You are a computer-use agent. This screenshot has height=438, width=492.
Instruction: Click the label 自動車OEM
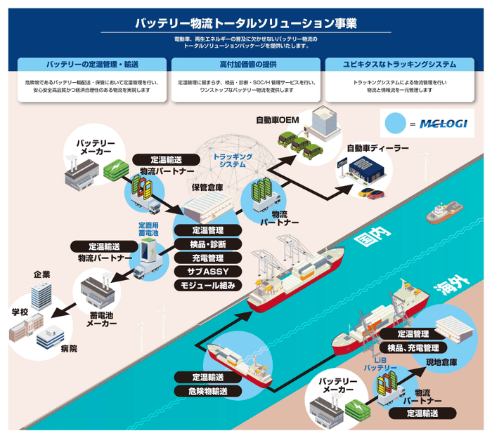coord(278,120)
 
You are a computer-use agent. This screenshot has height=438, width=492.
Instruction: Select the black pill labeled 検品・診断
coord(207,244)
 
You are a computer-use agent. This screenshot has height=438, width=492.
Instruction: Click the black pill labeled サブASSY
coord(207,271)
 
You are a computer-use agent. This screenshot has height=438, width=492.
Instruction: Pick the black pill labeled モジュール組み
coord(207,285)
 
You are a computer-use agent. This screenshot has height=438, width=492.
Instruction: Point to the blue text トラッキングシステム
coord(233,159)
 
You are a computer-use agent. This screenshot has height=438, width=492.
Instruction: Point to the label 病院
coord(69,348)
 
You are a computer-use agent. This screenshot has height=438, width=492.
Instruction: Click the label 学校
coord(19,311)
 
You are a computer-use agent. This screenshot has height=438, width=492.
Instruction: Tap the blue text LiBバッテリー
coord(380,363)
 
